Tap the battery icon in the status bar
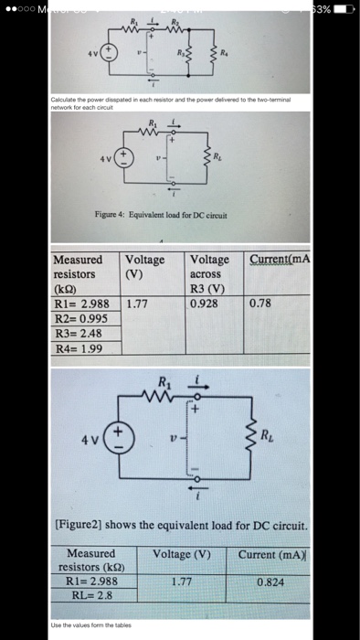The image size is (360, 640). point(342,7)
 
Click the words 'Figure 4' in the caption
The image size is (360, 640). point(111,215)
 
